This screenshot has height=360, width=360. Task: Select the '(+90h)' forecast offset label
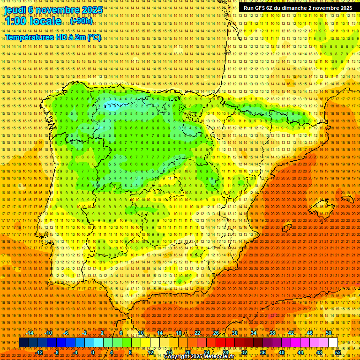(81, 21)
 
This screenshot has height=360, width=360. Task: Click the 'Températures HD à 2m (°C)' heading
(53, 37)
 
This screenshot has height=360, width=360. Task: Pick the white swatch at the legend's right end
(333, 343)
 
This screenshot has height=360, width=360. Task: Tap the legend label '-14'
(30, 333)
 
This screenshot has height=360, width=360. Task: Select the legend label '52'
(338, 352)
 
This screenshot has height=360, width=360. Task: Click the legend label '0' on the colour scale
(93, 352)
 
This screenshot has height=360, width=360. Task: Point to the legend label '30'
(235, 333)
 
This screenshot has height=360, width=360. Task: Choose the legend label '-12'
(39, 352)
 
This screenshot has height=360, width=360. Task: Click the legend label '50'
(329, 333)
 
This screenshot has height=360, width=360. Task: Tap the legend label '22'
(197, 333)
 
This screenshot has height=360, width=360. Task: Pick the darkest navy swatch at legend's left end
(23, 343)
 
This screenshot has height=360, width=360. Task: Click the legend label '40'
(282, 352)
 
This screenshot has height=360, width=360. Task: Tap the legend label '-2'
(85, 333)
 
